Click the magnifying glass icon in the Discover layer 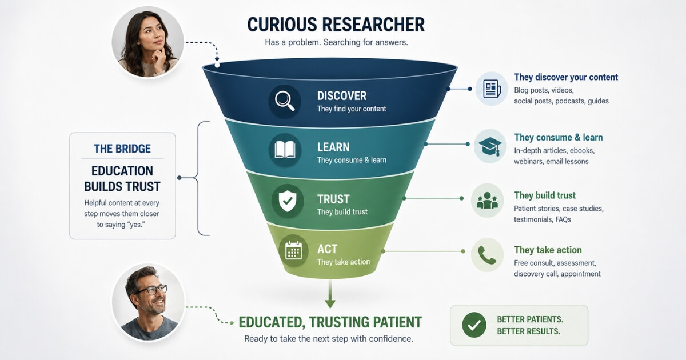(x=285, y=101)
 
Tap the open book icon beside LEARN (x=285, y=150)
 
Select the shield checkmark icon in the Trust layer (x=287, y=201)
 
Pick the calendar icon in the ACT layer (x=293, y=250)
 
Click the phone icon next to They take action (x=487, y=255)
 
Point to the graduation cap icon (x=490, y=146)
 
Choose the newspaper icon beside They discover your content (x=492, y=89)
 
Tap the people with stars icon (x=487, y=201)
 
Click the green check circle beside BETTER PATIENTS (x=474, y=325)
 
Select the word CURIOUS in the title (x=282, y=25)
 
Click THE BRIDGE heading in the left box (x=122, y=149)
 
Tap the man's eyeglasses (x=151, y=290)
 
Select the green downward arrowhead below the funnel (x=330, y=303)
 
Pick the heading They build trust (x=545, y=195)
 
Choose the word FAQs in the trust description (x=563, y=219)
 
